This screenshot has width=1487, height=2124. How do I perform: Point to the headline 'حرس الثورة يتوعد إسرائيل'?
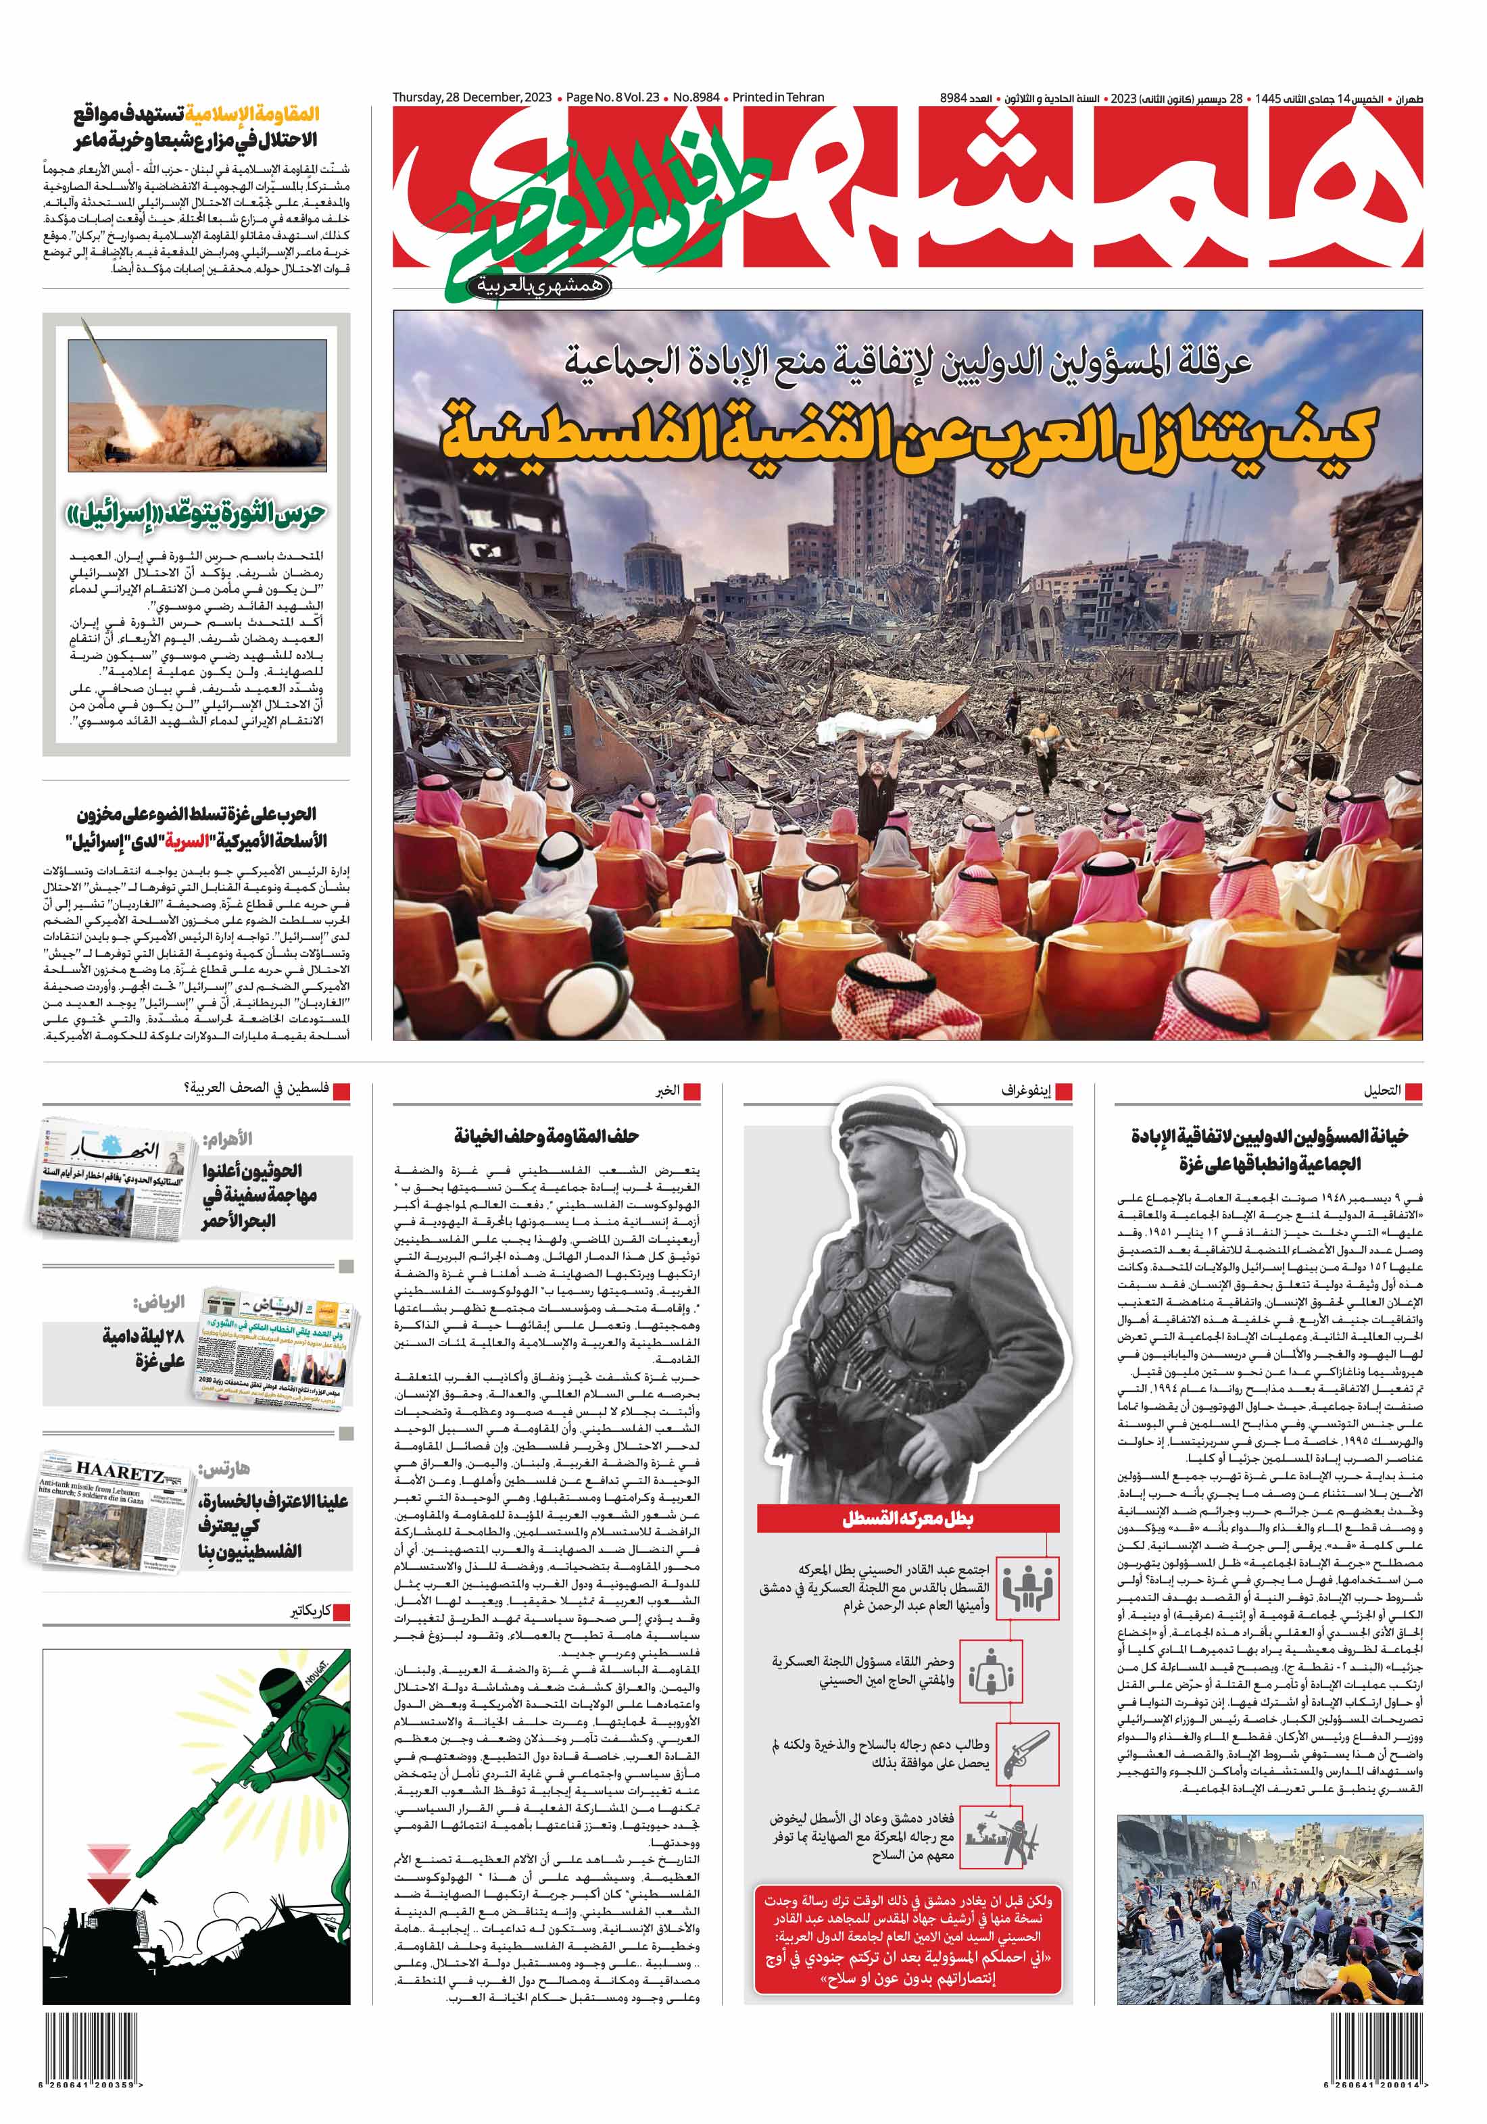(196, 514)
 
